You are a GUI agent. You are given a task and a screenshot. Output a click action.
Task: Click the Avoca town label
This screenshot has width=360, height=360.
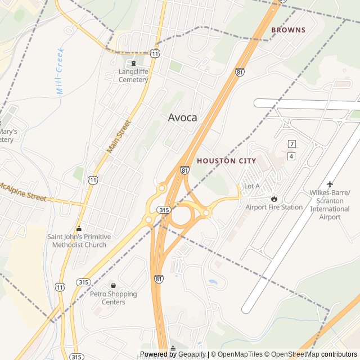tap(183, 118)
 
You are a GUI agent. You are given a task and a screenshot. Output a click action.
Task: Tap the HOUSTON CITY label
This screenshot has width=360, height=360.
tap(226, 161)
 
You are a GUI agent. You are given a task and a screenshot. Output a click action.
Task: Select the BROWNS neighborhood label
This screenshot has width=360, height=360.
tap(288, 30)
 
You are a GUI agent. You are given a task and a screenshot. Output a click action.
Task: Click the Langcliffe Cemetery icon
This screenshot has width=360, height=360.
tap(133, 62)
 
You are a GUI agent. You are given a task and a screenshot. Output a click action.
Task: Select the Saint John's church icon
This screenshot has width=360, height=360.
tap(79, 228)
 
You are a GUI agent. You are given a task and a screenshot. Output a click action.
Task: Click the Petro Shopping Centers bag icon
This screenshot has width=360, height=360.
tap(113, 285)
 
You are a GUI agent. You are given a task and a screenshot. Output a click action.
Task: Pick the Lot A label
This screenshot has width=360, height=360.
tap(251, 186)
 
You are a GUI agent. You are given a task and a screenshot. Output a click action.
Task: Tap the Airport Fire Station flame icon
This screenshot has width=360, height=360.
tap(274, 199)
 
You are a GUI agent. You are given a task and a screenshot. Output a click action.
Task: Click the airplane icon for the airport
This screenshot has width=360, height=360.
tap(330, 184)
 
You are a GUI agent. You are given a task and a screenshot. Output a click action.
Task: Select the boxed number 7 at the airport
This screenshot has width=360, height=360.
tap(291, 144)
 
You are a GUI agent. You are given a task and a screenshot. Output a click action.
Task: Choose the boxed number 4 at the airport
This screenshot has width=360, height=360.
tap(291, 156)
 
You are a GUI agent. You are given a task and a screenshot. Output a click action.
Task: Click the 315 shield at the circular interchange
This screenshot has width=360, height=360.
tap(164, 210)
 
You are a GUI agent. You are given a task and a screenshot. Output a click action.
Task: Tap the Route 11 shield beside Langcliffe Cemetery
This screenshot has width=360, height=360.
tap(155, 53)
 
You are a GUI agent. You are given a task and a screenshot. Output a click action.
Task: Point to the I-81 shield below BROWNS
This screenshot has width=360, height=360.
tap(240, 73)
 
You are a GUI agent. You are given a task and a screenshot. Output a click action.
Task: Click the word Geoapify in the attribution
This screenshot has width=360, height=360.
tap(192, 354)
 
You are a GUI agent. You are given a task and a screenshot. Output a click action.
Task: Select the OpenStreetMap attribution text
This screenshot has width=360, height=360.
tap(295, 354)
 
